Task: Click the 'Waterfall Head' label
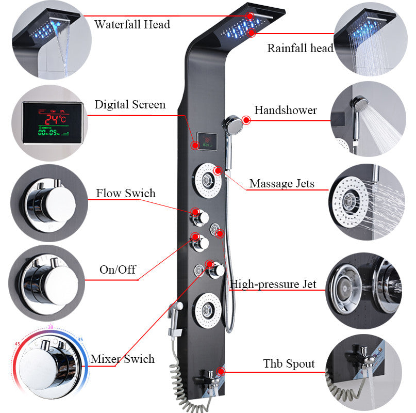pyautogui.click(x=132, y=24)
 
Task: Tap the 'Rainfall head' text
pyautogui.click(x=300, y=49)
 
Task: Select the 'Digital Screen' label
pyautogui.click(x=130, y=105)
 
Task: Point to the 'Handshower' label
pyautogui.click(x=286, y=110)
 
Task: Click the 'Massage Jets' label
pyautogui.click(x=281, y=183)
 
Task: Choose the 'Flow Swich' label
pyautogui.click(x=125, y=194)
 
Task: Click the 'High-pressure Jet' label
pyautogui.click(x=273, y=284)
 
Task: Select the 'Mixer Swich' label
pyautogui.click(x=122, y=359)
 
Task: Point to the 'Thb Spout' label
pyautogui.click(x=288, y=363)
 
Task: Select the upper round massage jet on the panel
pyautogui.click(x=208, y=180)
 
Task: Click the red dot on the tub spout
pyautogui.click(x=221, y=371)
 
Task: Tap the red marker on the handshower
pyautogui.click(x=246, y=120)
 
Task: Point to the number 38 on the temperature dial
pyautogui.click(x=51, y=327)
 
